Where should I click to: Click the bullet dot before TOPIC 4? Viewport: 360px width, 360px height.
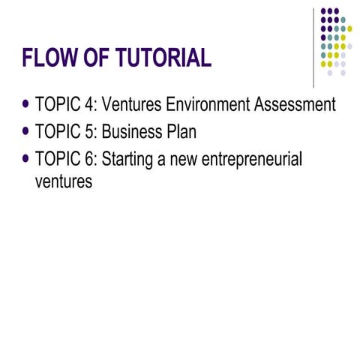pos(28,104)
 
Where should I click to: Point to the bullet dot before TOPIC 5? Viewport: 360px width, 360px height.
pos(28,132)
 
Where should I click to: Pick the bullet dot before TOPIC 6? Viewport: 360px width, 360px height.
pos(28,159)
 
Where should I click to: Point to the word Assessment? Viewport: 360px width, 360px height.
pos(295,105)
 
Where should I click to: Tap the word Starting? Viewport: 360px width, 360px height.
pos(128,160)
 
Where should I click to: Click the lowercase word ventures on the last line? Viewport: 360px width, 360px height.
pos(64,181)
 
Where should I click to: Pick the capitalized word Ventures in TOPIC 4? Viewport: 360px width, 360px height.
pos(132,105)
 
